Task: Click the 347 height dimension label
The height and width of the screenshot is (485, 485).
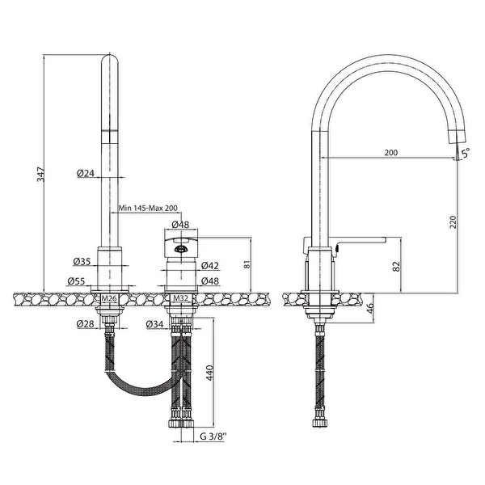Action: [41, 174]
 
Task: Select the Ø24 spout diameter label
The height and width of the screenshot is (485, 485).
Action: [86, 173]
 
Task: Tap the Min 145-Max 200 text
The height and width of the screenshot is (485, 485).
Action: [149, 208]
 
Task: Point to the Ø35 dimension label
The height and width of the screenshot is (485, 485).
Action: [82, 262]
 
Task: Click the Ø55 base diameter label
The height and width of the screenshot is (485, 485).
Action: [76, 281]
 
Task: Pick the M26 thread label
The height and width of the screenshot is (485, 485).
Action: [109, 298]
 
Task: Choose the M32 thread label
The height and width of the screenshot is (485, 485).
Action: [180, 298]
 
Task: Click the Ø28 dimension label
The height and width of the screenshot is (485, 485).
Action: [86, 324]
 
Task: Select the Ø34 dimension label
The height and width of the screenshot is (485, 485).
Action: [155, 324]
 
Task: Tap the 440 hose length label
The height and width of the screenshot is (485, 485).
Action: [209, 373]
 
